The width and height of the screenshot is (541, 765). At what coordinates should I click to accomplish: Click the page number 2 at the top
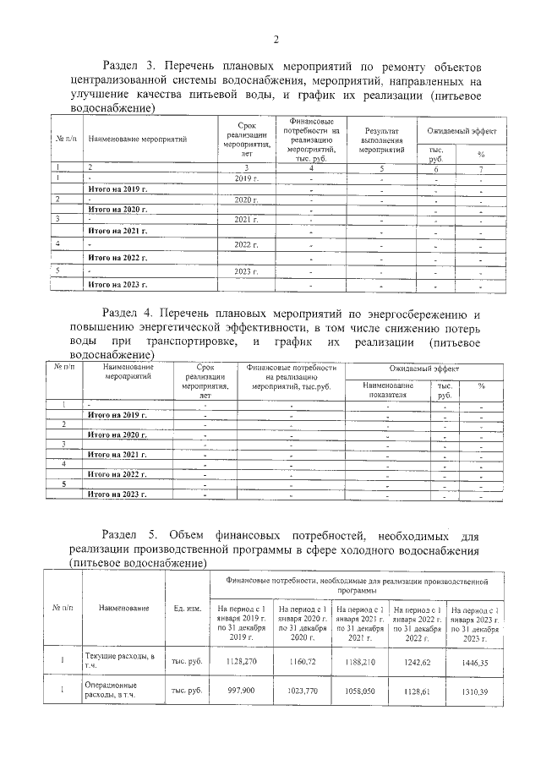click(276, 39)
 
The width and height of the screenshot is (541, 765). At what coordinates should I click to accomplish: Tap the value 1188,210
click(359, 664)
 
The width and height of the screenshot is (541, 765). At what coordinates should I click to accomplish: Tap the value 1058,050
click(359, 713)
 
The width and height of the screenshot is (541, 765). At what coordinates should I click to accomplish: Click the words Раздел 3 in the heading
click(129, 66)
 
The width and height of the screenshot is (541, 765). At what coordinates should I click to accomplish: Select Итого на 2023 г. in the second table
click(118, 494)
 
